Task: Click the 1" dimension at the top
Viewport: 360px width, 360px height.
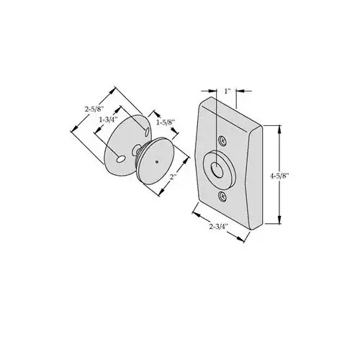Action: [228, 91]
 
